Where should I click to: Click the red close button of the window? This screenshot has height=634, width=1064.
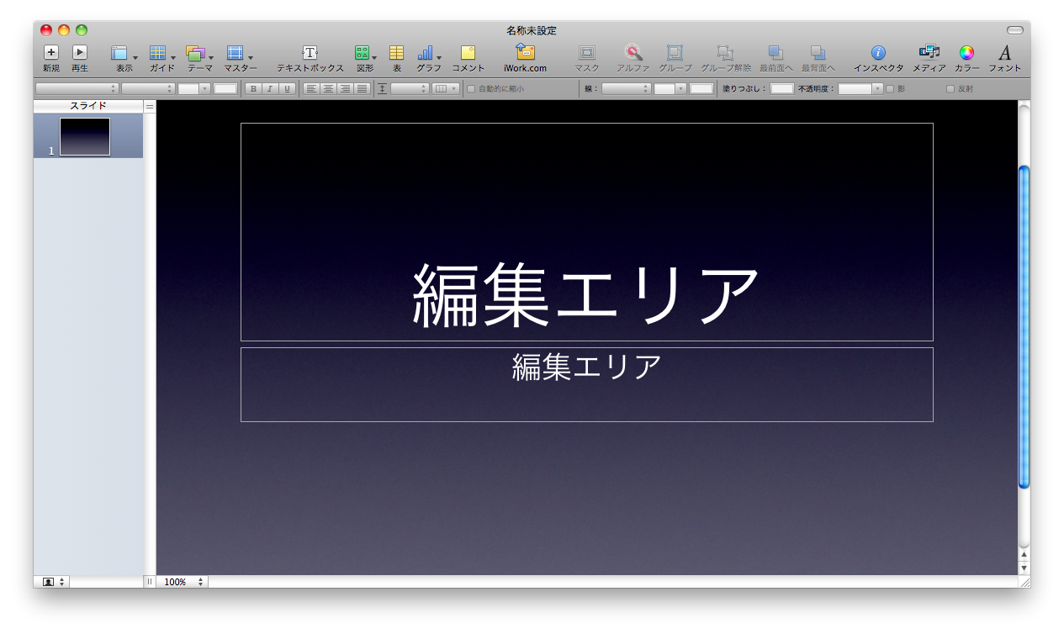click(x=46, y=30)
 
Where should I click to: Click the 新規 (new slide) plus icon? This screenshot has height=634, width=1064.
click(x=50, y=52)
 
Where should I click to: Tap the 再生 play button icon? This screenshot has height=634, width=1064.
click(x=79, y=52)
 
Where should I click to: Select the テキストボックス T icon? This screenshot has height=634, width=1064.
click(x=310, y=52)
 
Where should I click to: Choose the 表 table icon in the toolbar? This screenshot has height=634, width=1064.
click(x=396, y=53)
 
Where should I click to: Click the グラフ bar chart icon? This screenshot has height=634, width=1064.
click(x=425, y=53)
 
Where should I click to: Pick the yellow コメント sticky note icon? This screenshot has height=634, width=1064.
click(x=468, y=53)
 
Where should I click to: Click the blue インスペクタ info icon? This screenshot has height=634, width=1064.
click(x=878, y=53)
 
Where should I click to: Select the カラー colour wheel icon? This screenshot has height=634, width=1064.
click(x=966, y=53)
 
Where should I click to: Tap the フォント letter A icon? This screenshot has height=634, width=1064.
click(x=1004, y=53)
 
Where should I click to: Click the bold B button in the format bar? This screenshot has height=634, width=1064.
click(x=253, y=89)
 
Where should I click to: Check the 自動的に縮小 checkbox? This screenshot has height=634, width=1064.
click(x=471, y=89)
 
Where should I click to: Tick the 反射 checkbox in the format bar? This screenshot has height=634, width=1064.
click(x=950, y=89)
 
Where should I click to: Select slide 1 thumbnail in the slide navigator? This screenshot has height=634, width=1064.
click(x=85, y=137)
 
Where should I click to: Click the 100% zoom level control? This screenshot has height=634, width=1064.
click(x=183, y=582)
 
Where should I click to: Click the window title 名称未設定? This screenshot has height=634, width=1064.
click(x=531, y=30)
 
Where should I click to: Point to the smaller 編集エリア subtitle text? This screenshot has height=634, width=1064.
click(x=586, y=367)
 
